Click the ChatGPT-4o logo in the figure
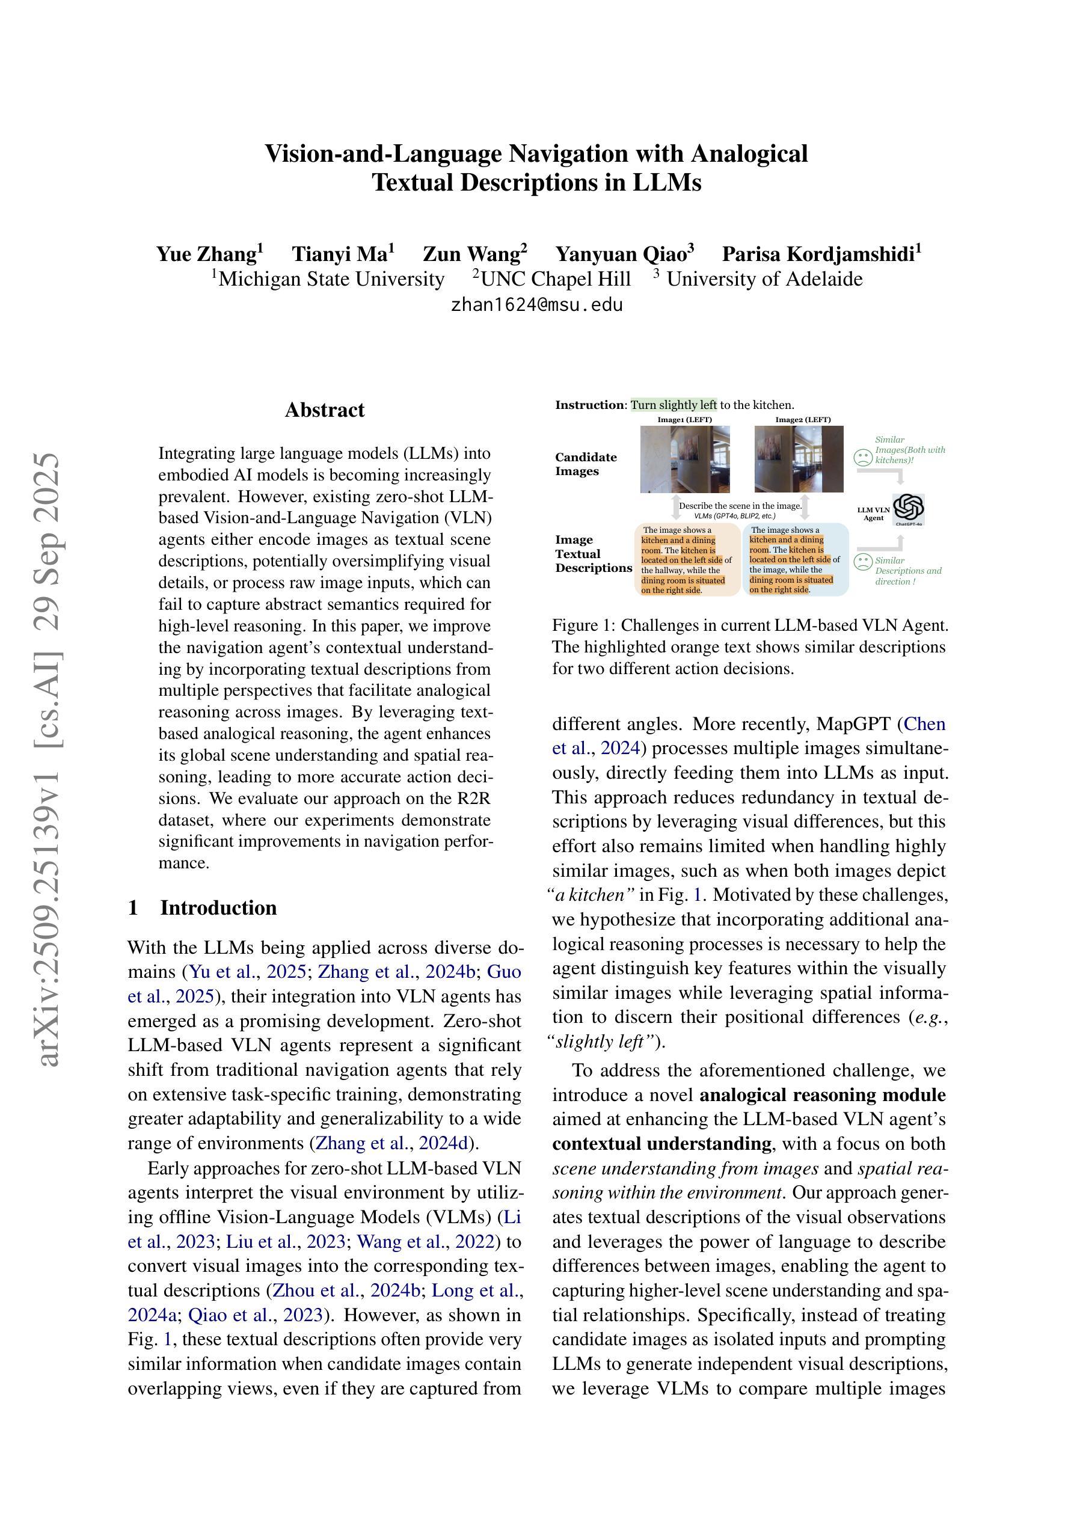tap(908, 508)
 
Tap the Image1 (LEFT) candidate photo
tap(685, 458)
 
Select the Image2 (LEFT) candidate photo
tap(799, 458)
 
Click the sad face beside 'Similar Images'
tap(863, 457)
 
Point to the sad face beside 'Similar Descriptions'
tap(863, 562)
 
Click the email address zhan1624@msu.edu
tap(536, 305)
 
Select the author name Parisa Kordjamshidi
tap(821, 254)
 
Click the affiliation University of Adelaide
tap(764, 279)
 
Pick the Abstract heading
tap(324, 410)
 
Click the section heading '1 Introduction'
tap(203, 907)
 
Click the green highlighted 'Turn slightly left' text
tap(674, 405)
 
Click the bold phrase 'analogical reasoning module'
tap(823, 1095)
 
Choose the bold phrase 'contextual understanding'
tap(661, 1144)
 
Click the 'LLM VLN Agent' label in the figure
tap(874, 514)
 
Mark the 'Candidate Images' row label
tap(586, 464)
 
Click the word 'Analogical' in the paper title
tap(749, 153)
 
